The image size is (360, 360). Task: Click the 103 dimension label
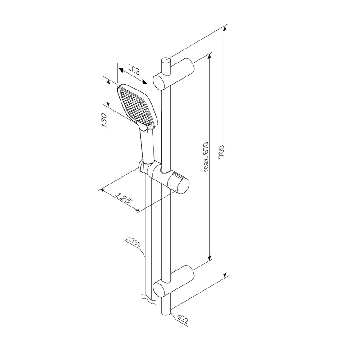pyautogui.click(x=134, y=70)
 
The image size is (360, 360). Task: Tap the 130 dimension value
pyautogui.click(x=104, y=120)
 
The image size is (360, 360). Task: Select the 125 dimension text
pyautogui.click(x=123, y=198)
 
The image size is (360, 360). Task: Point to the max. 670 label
pyautogui.click(x=206, y=157)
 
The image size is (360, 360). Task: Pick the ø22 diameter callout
pyautogui.click(x=183, y=319)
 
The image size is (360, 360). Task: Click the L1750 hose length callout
pyautogui.click(x=133, y=241)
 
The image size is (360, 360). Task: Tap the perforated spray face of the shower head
pyautogui.click(x=135, y=108)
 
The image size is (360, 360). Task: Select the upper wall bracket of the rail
pyautogui.click(x=174, y=73)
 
